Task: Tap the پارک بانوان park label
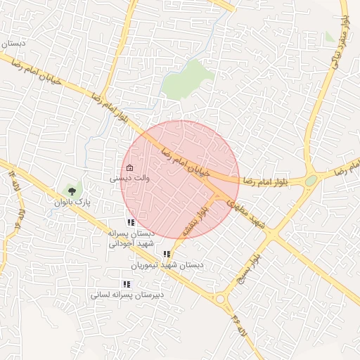pos(73,202)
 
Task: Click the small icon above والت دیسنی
pos(130,168)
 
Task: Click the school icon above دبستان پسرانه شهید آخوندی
pos(130,222)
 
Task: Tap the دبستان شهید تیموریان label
pos(167,265)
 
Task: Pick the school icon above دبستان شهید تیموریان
pos(167,254)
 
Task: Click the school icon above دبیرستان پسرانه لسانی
pos(127,284)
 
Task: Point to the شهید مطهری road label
pos(248,212)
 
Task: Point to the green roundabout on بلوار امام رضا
pos(311,181)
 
